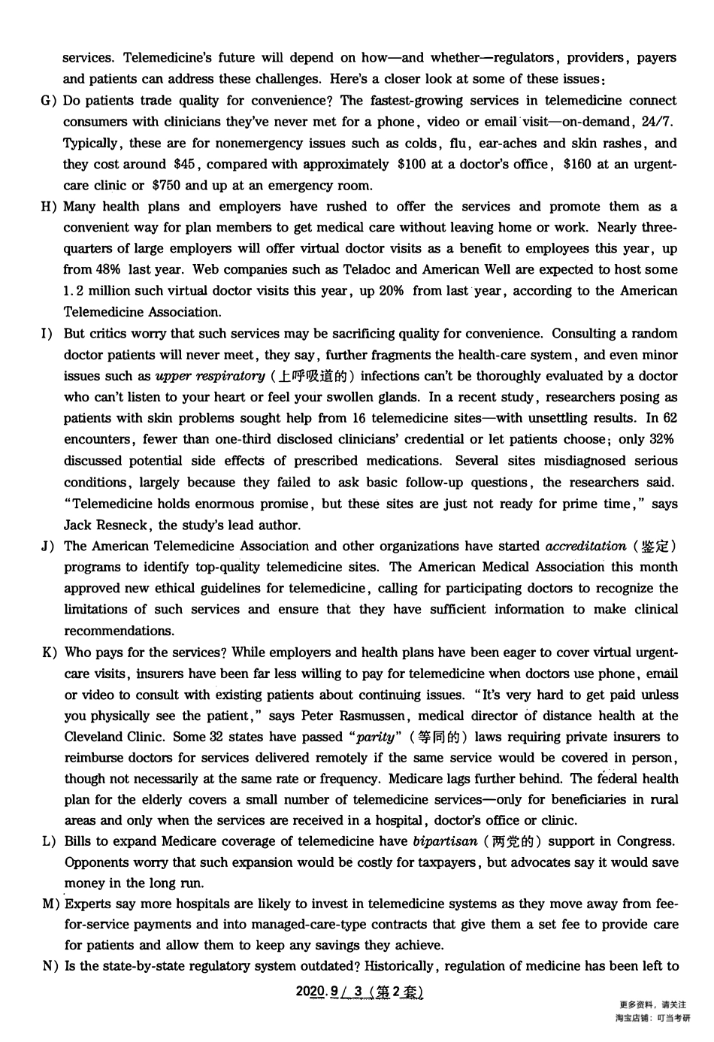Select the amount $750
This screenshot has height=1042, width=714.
(x=165, y=185)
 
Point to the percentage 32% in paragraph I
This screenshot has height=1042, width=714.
(x=661, y=439)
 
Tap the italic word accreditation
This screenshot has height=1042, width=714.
(x=585, y=546)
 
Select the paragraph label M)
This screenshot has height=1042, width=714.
(x=50, y=904)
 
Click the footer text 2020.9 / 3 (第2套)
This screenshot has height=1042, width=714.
(x=360, y=992)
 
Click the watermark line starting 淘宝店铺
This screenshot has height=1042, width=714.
(x=652, y=1018)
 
